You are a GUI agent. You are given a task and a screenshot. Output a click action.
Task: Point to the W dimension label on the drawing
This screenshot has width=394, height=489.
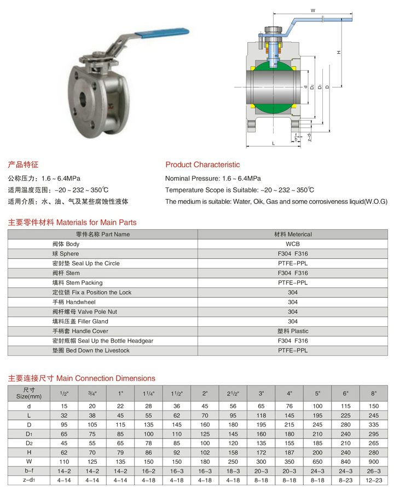click(x=313, y=10)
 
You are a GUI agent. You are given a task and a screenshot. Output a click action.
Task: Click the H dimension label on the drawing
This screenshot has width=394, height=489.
click(x=339, y=53)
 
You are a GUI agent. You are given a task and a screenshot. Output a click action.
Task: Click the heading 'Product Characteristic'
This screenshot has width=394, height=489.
click(x=202, y=164)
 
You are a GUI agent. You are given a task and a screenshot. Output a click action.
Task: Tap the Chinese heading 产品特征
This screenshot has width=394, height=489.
click(x=23, y=164)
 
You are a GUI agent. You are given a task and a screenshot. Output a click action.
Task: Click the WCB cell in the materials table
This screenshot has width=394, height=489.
click(x=293, y=244)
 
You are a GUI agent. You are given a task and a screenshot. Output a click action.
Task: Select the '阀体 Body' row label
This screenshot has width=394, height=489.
click(x=66, y=244)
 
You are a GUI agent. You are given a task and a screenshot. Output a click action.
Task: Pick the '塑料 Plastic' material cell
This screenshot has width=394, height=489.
click(x=293, y=331)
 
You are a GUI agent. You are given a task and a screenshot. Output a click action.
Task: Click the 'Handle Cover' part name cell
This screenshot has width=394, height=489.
click(x=80, y=331)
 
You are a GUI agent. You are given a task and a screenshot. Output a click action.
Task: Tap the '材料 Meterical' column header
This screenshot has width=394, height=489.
click(x=293, y=234)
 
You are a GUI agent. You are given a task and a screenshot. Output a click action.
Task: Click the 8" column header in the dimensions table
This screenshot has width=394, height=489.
click(x=374, y=394)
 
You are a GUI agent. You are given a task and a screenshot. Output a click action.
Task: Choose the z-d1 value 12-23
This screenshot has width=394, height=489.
click(x=374, y=480)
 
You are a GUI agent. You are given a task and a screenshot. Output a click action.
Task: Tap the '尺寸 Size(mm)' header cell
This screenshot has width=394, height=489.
click(x=28, y=393)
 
